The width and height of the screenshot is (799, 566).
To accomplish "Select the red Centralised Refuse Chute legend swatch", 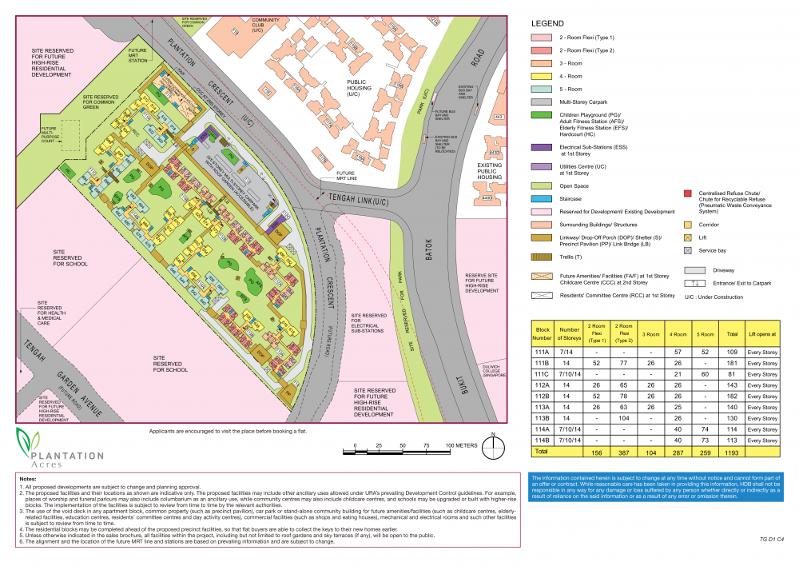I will [x=687, y=193].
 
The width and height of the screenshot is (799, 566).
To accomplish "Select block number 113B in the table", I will [x=543, y=417].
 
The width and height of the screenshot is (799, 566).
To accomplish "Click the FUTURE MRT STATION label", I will [x=138, y=55].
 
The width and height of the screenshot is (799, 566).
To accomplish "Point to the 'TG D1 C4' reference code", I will [x=773, y=540].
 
